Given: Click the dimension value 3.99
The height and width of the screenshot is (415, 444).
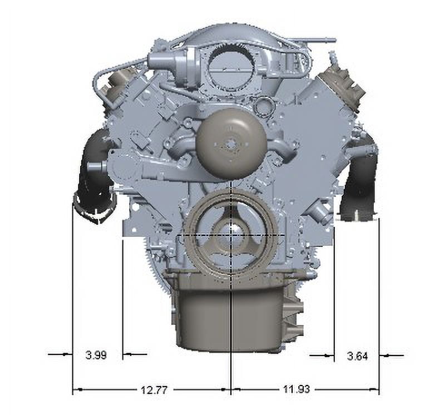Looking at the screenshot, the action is coord(96,355).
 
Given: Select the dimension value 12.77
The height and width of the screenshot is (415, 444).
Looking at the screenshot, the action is coord(154,391).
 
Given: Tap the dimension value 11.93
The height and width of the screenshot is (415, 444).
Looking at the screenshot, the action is coord(297,389).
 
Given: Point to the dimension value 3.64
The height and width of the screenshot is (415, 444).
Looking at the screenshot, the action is coord(357,356).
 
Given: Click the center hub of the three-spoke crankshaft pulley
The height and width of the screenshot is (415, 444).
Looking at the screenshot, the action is coord(231,235).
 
